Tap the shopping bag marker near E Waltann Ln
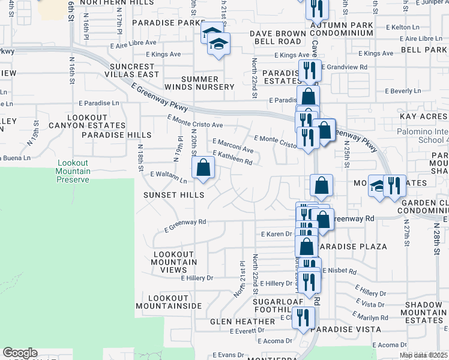(x=203, y=169)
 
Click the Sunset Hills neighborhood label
(x=173, y=195)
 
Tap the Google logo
(x=20, y=353)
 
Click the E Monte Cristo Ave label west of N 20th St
(x=196, y=124)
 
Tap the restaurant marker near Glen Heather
(x=304, y=318)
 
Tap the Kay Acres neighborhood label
(x=423, y=115)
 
